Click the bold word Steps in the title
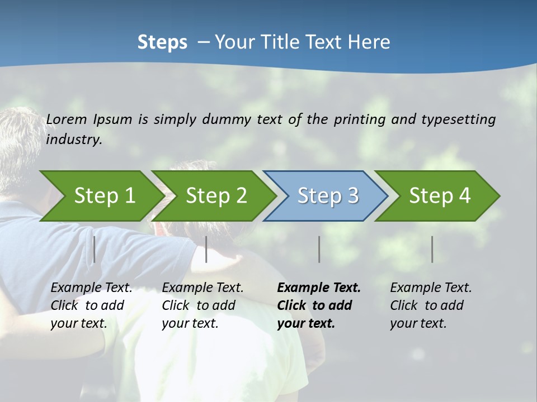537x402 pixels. click(162, 42)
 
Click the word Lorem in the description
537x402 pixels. click(67, 119)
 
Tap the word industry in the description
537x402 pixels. click(74, 140)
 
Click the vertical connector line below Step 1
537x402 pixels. click(95, 249)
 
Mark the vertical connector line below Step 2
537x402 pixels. click(206, 249)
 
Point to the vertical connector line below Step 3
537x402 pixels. click(319, 249)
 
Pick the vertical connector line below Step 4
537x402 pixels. click(432, 249)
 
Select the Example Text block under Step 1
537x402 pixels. click(91, 305)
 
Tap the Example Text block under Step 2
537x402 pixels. click(202, 305)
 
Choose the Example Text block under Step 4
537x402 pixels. click(431, 305)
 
